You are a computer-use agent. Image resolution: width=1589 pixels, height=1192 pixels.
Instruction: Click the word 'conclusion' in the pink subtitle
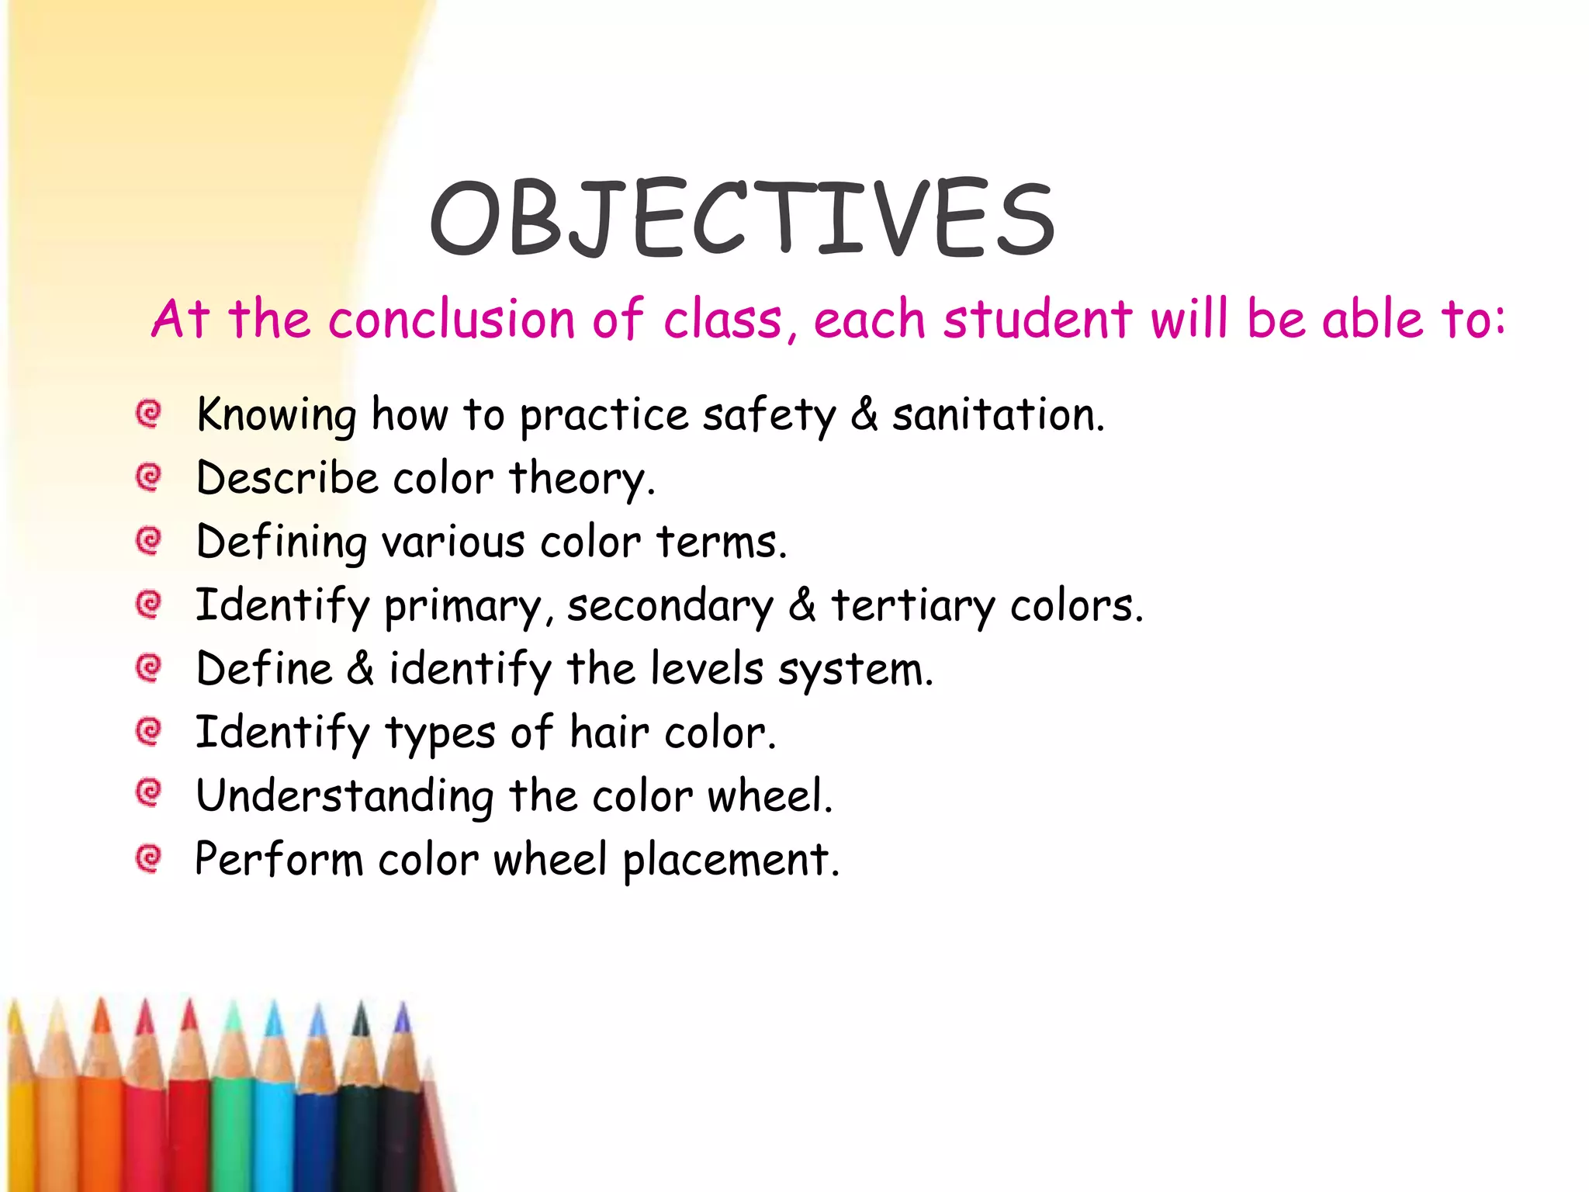(452, 320)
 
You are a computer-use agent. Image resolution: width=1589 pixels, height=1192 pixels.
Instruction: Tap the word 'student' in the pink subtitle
(1037, 320)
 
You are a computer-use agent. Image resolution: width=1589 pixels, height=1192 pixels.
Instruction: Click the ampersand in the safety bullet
(864, 414)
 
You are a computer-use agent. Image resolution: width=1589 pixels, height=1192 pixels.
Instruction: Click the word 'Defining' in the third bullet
(281, 542)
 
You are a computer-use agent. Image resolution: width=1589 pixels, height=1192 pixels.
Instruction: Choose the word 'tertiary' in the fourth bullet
(912, 606)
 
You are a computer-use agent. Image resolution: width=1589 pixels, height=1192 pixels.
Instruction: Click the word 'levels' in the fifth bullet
(707, 669)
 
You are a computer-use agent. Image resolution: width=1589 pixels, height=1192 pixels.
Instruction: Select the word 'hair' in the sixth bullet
(609, 733)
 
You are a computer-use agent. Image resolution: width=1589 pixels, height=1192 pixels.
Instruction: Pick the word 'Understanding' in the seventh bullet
(344, 797)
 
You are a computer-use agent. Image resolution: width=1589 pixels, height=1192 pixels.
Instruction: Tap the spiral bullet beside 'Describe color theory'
(148, 476)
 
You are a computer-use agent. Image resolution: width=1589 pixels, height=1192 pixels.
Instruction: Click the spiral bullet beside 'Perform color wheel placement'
(148, 858)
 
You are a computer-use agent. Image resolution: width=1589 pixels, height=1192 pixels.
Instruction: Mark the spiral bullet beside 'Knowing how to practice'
(148, 413)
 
